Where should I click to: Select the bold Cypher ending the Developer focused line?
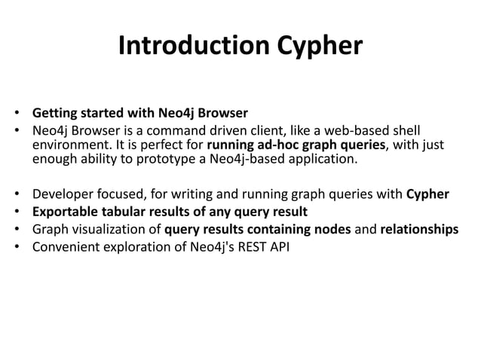pyautogui.click(x=427, y=194)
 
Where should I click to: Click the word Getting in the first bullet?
pyautogui.click(x=53, y=115)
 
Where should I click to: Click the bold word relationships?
pyautogui.click(x=418, y=227)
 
